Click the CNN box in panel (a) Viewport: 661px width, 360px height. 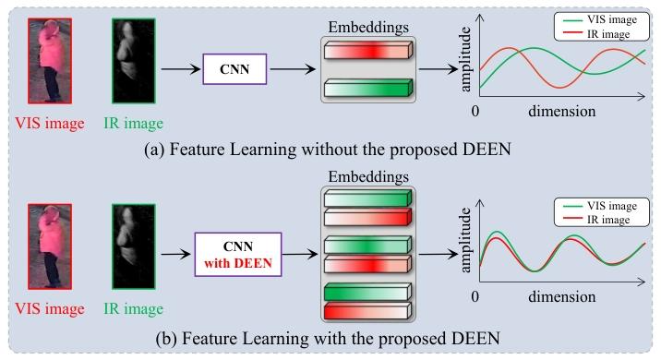(x=234, y=69)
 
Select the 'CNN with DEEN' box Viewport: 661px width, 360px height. (x=238, y=255)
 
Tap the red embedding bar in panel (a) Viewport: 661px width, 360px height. (x=368, y=50)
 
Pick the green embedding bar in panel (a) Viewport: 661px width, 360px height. (x=368, y=88)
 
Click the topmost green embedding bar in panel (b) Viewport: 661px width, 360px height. (x=367, y=198)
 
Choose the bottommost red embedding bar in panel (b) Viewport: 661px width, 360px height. (x=367, y=311)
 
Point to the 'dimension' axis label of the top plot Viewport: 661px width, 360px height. (x=562, y=111)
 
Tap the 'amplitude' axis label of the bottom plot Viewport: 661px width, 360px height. (x=465, y=240)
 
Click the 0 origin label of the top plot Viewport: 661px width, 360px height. (x=475, y=111)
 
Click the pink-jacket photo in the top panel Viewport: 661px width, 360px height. (x=50, y=61)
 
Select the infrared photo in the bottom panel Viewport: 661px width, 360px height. (x=134, y=246)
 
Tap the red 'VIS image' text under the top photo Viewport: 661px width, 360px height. (x=50, y=123)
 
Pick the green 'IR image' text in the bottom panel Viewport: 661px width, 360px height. (x=133, y=308)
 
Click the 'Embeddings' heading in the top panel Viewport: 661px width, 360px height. (x=368, y=28)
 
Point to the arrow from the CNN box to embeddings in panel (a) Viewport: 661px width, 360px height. (x=293, y=69)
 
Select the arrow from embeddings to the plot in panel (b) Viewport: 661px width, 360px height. (x=439, y=254)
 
